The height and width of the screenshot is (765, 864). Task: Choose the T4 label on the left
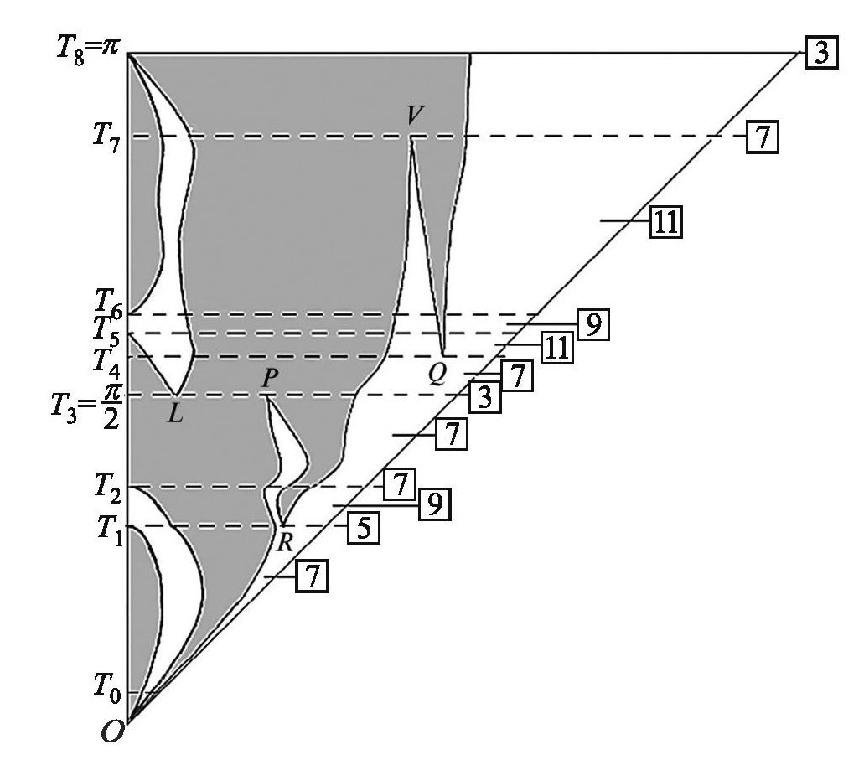(x=107, y=361)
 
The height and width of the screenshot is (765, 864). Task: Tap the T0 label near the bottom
(x=107, y=689)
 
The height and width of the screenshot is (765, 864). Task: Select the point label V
(x=415, y=116)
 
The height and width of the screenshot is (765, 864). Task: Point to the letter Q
(x=437, y=375)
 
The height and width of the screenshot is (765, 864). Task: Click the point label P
(x=270, y=379)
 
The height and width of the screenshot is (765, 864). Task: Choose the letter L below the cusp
(x=175, y=414)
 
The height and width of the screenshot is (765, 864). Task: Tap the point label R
(x=284, y=542)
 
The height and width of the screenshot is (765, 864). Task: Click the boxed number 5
(x=364, y=528)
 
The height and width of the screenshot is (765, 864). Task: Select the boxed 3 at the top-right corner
(x=822, y=53)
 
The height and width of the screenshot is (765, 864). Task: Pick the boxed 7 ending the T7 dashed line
(x=763, y=137)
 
